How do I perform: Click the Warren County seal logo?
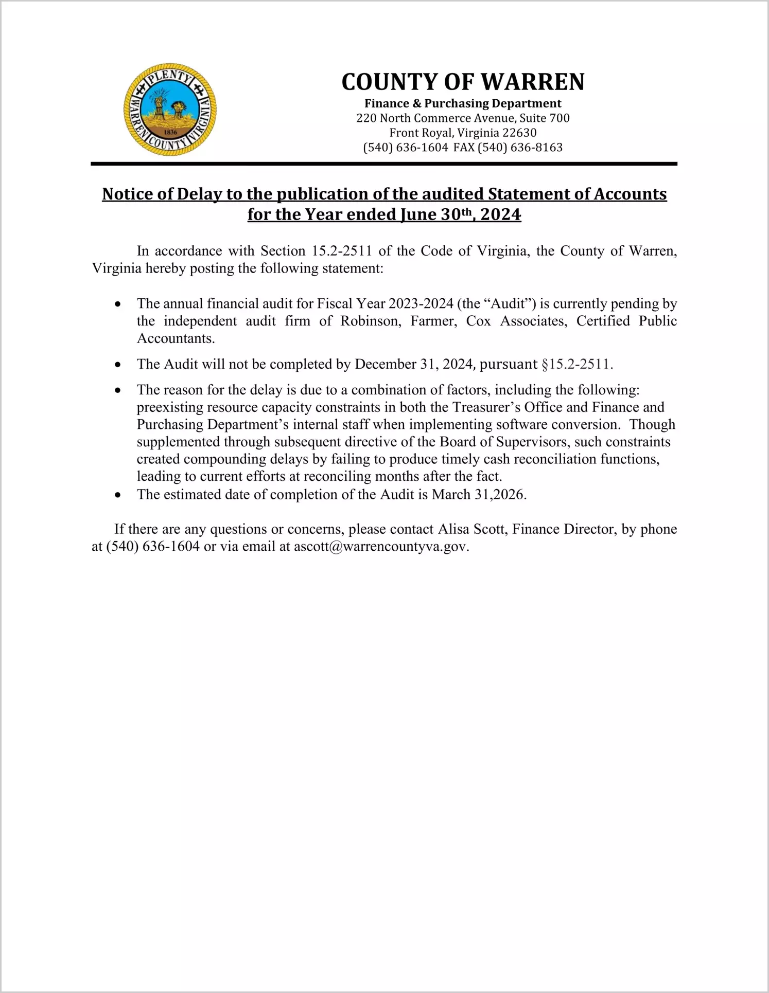click(x=170, y=110)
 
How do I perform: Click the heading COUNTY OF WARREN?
click(x=463, y=82)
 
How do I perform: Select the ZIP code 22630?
click(x=519, y=133)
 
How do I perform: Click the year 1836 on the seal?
click(x=170, y=132)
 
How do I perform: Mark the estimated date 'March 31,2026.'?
click(x=479, y=495)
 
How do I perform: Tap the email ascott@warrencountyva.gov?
click(x=381, y=547)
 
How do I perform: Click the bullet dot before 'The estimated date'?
click(x=118, y=495)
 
